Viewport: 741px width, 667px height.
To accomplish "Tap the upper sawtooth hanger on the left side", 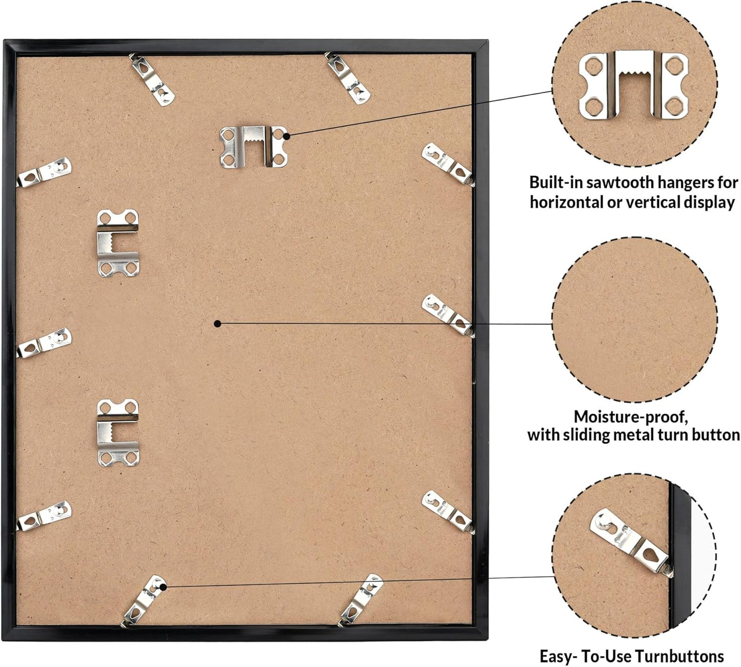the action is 118,243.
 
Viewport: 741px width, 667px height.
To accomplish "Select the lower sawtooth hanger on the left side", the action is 118,433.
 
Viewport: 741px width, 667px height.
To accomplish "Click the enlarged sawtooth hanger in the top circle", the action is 633,85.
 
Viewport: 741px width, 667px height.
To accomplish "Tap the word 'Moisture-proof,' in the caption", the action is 631,417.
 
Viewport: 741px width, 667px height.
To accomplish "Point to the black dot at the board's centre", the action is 217,324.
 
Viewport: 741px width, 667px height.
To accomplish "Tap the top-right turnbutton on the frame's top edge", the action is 347,78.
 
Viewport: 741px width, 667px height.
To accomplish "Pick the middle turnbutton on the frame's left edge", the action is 44,343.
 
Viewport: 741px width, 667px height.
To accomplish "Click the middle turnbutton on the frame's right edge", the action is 448,316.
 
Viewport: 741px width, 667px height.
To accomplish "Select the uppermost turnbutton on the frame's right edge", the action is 448,165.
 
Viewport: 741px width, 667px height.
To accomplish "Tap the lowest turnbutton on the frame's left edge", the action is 44,516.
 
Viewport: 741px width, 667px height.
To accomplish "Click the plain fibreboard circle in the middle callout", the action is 635,319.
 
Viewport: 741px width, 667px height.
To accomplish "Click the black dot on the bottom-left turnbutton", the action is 163,587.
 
